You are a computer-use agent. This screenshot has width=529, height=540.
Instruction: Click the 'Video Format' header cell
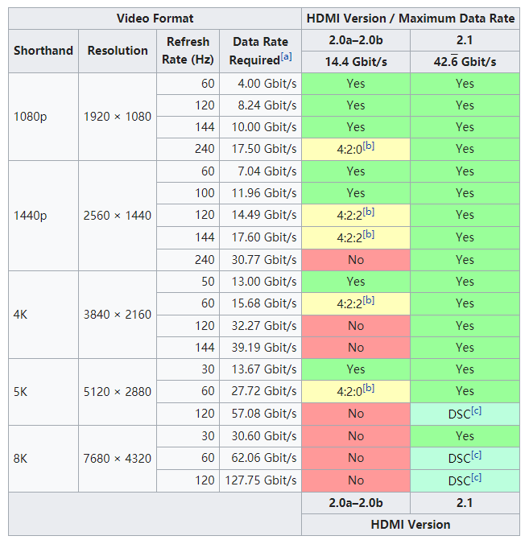(x=155, y=18)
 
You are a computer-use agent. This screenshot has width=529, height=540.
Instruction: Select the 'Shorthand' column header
(x=43, y=51)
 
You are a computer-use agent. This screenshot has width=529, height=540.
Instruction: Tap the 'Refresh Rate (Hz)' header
(x=188, y=51)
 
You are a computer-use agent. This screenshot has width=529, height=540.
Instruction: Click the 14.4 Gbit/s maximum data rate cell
(x=355, y=62)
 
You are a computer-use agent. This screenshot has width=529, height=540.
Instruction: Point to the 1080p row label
(x=30, y=116)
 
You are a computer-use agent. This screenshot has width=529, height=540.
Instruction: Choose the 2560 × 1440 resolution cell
(x=118, y=215)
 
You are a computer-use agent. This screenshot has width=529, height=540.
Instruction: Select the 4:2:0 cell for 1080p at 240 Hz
(x=355, y=149)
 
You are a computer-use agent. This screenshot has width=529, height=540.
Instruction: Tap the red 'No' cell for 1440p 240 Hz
(x=355, y=259)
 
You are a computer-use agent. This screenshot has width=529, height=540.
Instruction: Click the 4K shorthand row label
(x=22, y=314)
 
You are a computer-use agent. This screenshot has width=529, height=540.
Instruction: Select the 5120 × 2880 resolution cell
(x=118, y=391)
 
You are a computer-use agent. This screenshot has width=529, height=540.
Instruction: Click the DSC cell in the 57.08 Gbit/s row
(x=465, y=414)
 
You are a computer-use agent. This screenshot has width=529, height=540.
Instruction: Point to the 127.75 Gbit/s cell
(x=260, y=480)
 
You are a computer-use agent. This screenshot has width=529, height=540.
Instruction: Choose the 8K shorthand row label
(x=22, y=458)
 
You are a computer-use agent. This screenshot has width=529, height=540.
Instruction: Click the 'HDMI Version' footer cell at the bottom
(x=410, y=525)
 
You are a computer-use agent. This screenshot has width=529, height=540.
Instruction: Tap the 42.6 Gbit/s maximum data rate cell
(x=465, y=62)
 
